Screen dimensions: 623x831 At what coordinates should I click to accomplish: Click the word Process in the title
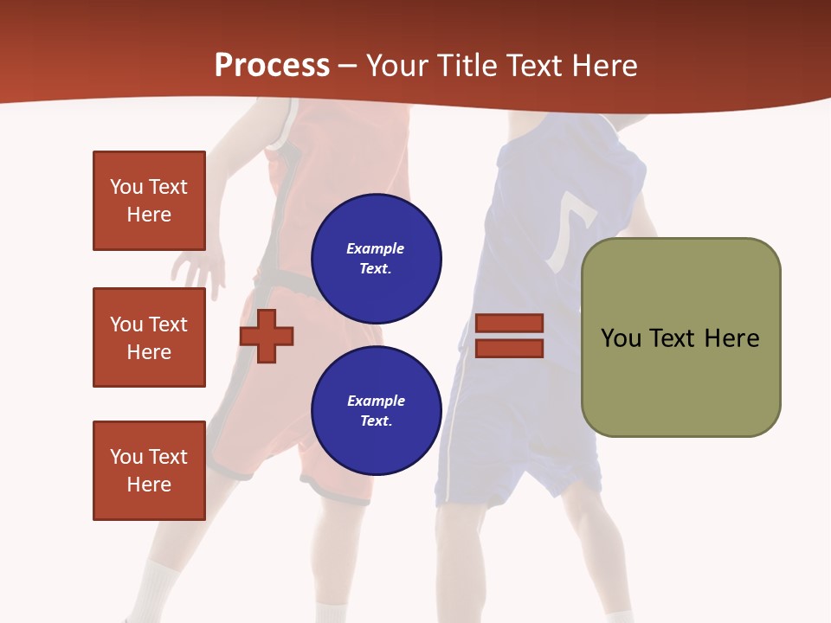(x=272, y=65)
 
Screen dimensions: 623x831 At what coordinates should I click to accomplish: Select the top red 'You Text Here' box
(x=149, y=201)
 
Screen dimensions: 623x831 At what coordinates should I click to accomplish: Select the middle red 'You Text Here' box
(x=149, y=337)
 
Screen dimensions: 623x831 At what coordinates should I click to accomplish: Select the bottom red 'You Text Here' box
(x=149, y=471)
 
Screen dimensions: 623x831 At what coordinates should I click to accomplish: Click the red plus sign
(x=267, y=336)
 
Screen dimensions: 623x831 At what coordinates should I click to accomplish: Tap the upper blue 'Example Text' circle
(x=376, y=258)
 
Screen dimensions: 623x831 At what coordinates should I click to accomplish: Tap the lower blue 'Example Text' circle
(x=376, y=410)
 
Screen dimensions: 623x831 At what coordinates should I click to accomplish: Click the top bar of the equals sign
(x=509, y=324)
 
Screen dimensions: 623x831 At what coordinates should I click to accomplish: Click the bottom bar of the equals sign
(x=509, y=349)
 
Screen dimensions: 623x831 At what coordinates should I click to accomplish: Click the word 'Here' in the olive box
(x=731, y=337)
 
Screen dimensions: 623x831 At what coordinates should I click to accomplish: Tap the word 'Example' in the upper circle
(x=376, y=248)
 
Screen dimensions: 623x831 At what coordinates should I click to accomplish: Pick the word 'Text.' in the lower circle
(x=376, y=421)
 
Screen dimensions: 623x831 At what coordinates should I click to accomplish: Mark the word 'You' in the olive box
(x=621, y=337)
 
